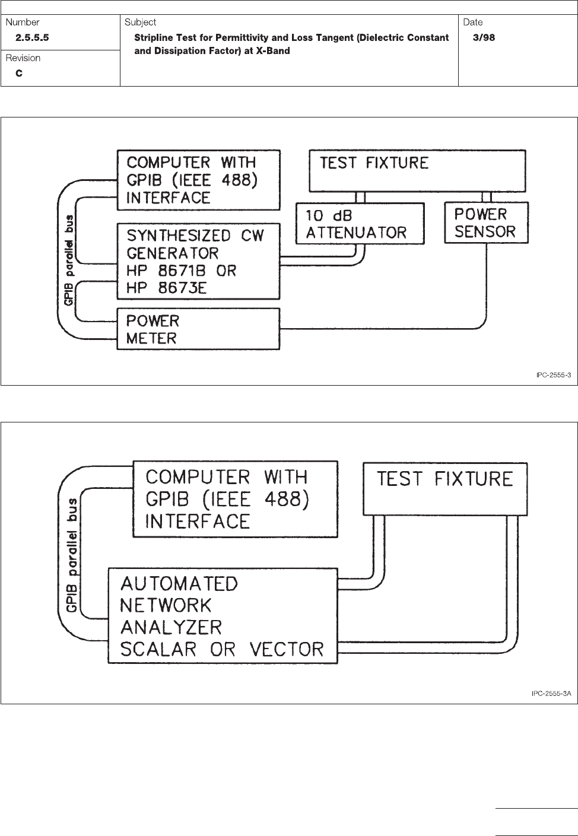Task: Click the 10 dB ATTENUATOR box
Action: (360, 224)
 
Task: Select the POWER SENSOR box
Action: (486, 223)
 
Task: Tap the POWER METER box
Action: (198, 329)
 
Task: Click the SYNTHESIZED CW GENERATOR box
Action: (198, 262)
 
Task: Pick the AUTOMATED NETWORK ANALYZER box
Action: (222, 616)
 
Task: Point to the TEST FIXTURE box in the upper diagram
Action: (418, 171)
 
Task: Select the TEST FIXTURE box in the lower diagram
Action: (445, 489)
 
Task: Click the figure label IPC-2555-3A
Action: (551, 693)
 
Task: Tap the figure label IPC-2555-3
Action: (549, 375)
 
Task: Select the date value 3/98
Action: (484, 37)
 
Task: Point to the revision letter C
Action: (20, 73)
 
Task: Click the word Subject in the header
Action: (141, 23)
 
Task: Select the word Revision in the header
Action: (23, 58)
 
